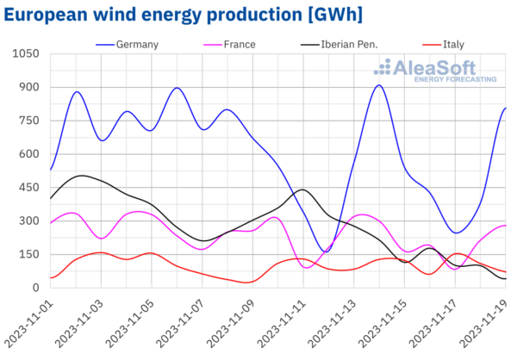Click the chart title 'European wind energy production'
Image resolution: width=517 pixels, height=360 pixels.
pyautogui.click(x=182, y=15)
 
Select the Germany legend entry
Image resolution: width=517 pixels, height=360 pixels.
pyautogui.click(x=136, y=45)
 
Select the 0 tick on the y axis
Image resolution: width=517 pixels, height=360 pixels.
pyautogui.click(x=34, y=288)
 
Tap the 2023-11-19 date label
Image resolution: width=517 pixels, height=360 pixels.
pyautogui.click(x=486, y=323)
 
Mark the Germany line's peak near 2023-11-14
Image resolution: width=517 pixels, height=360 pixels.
pyautogui.click(x=379, y=85)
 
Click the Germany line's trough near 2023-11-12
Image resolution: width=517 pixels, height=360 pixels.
pyautogui.click(x=325, y=251)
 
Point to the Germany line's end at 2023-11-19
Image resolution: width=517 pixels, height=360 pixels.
pyautogui.click(x=505, y=108)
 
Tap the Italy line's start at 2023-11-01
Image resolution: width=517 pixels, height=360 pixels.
pyautogui.click(x=51, y=277)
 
